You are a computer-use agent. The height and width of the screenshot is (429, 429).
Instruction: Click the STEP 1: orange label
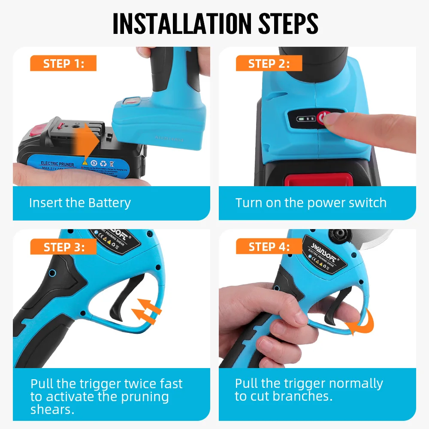click(x=63, y=64)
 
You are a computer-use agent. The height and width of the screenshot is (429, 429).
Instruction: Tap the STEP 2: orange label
click(x=269, y=64)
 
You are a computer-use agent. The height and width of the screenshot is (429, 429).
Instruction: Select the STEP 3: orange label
click(x=63, y=247)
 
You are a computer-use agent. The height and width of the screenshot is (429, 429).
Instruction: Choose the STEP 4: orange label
click(x=269, y=247)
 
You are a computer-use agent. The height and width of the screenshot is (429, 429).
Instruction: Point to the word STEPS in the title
click(x=288, y=24)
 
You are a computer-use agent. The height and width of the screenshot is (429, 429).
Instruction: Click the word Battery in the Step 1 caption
click(x=109, y=202)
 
